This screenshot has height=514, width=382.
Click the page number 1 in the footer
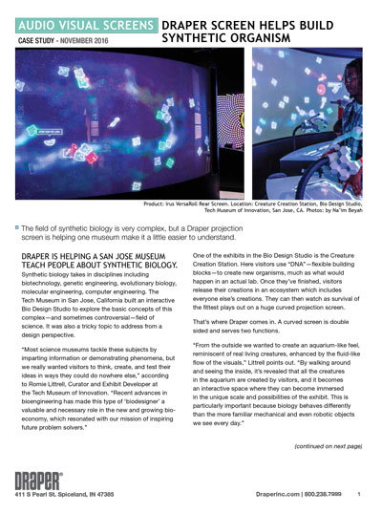(x=358, y=494)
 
